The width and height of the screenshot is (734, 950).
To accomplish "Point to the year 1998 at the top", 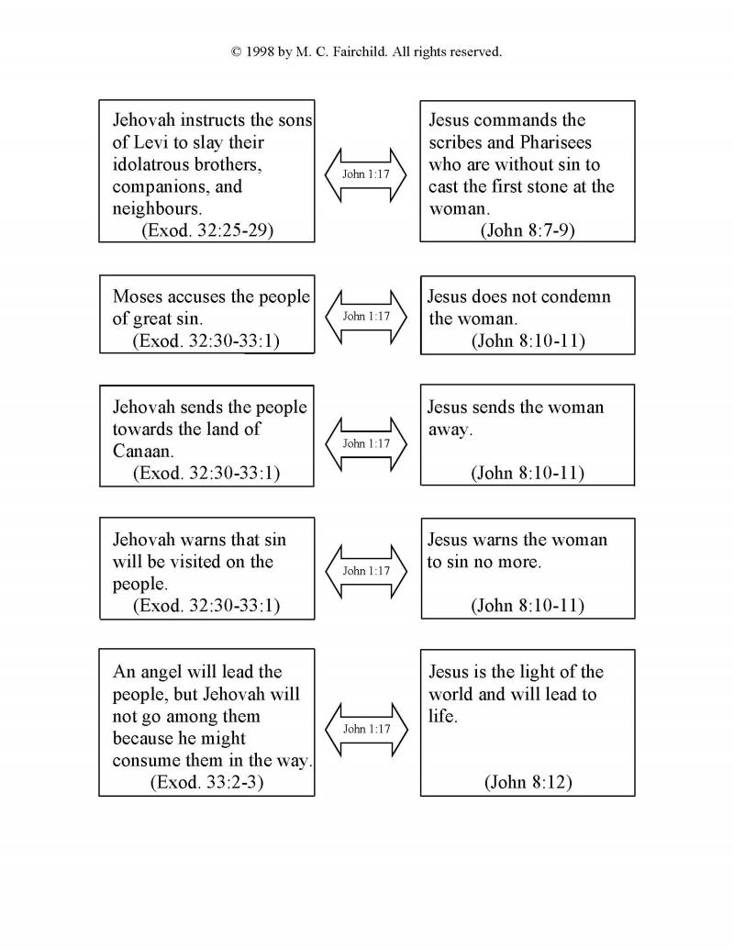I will (x=263, y=52).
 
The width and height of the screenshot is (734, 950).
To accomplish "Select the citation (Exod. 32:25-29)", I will (x=206, y=229).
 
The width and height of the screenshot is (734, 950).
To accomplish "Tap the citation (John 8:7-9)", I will (x=528, y=229).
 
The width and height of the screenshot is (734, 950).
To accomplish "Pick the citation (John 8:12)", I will (x=528, y=782).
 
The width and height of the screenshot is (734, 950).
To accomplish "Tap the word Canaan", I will (x=140, y=452).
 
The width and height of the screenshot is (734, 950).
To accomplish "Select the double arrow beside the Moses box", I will (x=366, y=317).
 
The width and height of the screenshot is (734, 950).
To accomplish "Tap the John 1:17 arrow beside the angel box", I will (x=366, y=729).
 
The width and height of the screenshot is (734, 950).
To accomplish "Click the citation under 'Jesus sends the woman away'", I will (x=528, y=474).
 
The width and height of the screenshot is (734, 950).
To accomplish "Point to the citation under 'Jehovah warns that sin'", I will (x=206, y=606).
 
